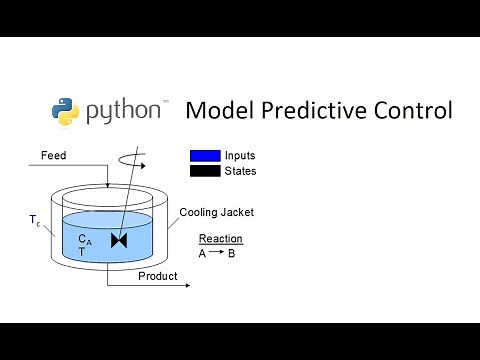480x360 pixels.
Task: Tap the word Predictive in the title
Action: (x=321, y=111)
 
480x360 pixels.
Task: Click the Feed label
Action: (x=54, y=156)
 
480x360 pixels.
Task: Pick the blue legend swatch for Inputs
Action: (x=205, y=156)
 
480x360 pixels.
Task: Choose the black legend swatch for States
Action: (x=205, y=171)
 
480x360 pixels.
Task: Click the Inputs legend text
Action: (x=241, y=156)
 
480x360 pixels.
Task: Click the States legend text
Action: (x=241, y=171)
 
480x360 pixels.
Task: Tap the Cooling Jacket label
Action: (x=217, y=212)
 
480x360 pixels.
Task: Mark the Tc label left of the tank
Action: (x=35, y=222)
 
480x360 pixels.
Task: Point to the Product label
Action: (x=157, y=276)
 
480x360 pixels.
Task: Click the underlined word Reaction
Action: (x=220, y=239)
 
